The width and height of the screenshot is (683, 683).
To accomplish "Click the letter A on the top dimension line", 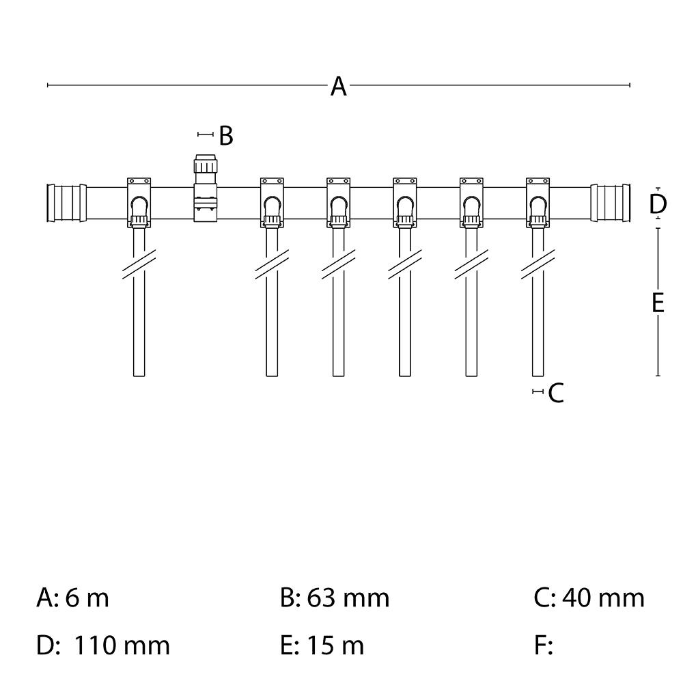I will tap(339, 87).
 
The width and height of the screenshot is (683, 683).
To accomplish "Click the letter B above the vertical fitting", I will tap(226, 136).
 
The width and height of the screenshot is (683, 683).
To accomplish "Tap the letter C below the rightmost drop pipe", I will tap(556, 393).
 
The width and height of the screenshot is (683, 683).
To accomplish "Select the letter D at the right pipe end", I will tap(658, 204).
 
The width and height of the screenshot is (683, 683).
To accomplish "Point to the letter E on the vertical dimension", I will tap(658, 302).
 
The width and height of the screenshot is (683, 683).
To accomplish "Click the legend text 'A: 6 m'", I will tap(72, 598).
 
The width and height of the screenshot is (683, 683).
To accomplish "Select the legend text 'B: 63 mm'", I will tap(335, 598).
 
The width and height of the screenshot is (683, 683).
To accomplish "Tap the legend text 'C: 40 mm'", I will tap(589, 598).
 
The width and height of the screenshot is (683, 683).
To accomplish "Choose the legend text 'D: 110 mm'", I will tap(102, 645).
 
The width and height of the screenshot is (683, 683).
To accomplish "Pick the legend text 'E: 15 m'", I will tap(322, 645).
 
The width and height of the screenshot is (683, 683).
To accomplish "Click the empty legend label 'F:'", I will tap(543, 645).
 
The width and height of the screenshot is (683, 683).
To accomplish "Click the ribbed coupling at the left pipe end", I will tap(66, 203).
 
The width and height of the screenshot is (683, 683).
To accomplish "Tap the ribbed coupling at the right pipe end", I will tap(612, 203).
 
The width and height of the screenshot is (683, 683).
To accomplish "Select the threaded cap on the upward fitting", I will tap(206, 166).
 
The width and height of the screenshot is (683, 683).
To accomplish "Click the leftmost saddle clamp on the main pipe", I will tap(139, 202).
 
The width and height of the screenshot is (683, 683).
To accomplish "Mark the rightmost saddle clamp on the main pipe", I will tap(538, 202).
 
